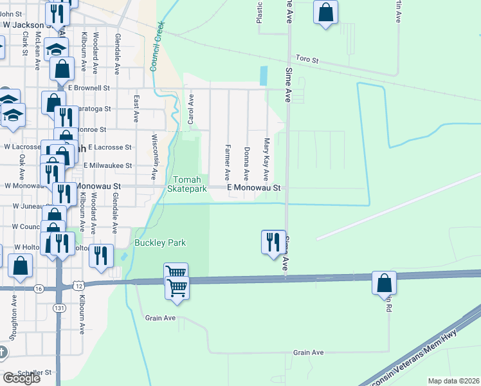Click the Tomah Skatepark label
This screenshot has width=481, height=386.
[x=187, y=184]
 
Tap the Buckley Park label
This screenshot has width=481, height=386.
[x=160, y=243]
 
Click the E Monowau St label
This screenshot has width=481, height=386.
[x=255, y=188]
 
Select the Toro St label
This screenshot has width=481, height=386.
[x=307, y=59]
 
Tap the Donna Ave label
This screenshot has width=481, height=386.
[x=246, y=163]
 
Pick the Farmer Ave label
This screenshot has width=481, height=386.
[x=227, y=162]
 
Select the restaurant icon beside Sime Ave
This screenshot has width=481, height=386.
[x=273, y=242]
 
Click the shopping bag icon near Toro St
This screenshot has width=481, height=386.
[x=326, y=12]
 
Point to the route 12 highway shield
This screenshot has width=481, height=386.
[x=78, y=284]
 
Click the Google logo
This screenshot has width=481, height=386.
[x=21, y=378]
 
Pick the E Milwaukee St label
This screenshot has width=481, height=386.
[x=108, y=165]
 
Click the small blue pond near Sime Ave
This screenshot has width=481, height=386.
[x=264, y=76]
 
